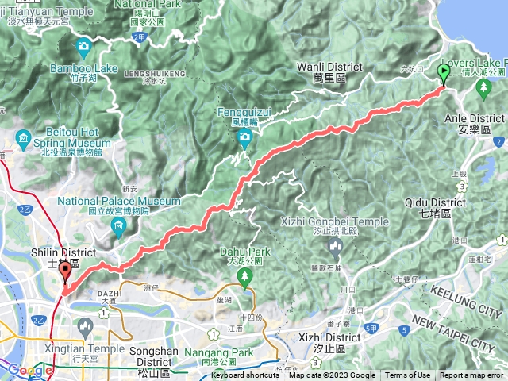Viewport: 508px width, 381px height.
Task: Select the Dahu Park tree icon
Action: pos(244,275)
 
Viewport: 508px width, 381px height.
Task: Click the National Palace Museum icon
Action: pos(118,229)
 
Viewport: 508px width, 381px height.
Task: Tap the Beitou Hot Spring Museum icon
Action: pos(22,142)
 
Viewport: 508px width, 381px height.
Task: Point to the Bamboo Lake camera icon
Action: pos(84,44)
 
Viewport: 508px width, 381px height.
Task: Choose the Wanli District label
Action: pos(329,71)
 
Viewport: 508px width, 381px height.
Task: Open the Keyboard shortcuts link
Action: pos(245,375)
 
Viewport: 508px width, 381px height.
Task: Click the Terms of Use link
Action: pos(408,375)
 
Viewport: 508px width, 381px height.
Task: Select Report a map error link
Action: pos(471,375)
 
